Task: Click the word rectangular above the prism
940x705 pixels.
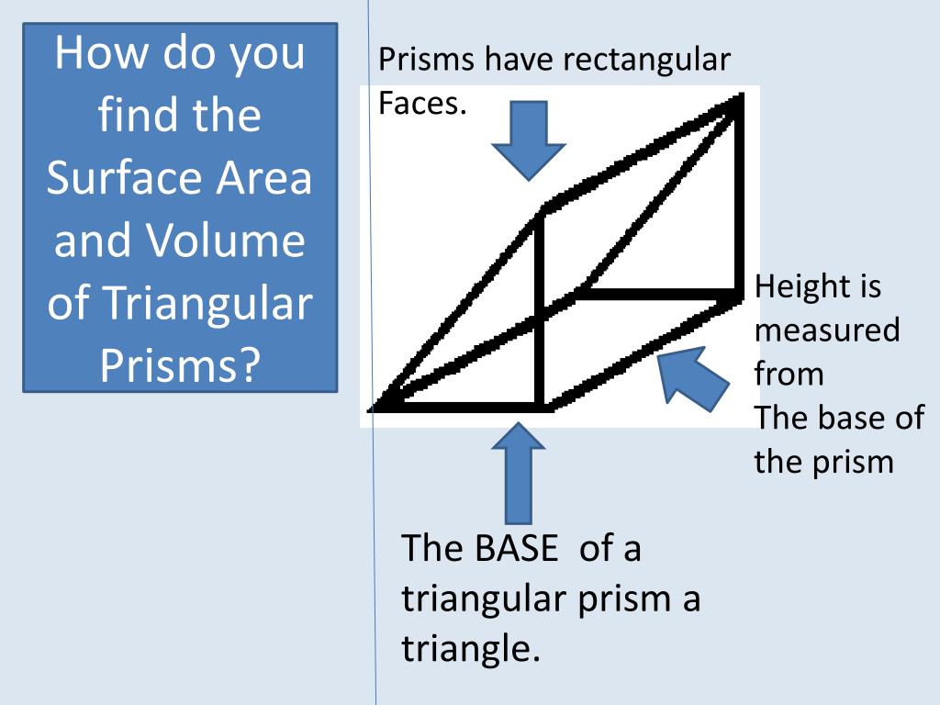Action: [646, 61]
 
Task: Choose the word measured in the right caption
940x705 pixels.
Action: [827, 330]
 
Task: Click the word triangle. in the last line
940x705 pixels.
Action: [468, 649]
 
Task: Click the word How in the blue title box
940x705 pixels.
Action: [102, 52]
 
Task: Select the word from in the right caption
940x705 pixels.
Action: [789, 374]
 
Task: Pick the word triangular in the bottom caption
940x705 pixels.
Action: [483, 599]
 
